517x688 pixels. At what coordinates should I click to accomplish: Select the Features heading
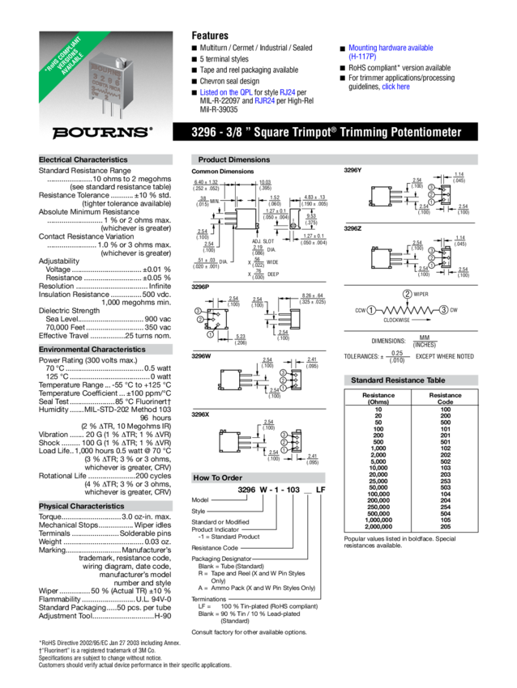click(209, 36)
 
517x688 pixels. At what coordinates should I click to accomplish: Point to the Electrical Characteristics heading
click(83, 160)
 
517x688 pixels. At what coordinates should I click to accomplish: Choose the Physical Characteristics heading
click(82, 506)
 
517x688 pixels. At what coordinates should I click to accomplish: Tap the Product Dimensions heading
click(234, 160)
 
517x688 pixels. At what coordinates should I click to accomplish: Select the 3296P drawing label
click(200, 287)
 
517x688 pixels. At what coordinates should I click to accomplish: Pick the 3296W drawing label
click(201, 355)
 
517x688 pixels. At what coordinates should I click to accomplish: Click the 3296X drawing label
click(200, 414)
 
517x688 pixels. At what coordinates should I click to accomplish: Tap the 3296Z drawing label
click(352, 230)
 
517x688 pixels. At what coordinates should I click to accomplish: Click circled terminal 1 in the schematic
click(370, 310)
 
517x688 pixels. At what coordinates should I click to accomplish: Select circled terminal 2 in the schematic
click(407, 293)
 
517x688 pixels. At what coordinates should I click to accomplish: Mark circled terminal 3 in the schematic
click(443, 310)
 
